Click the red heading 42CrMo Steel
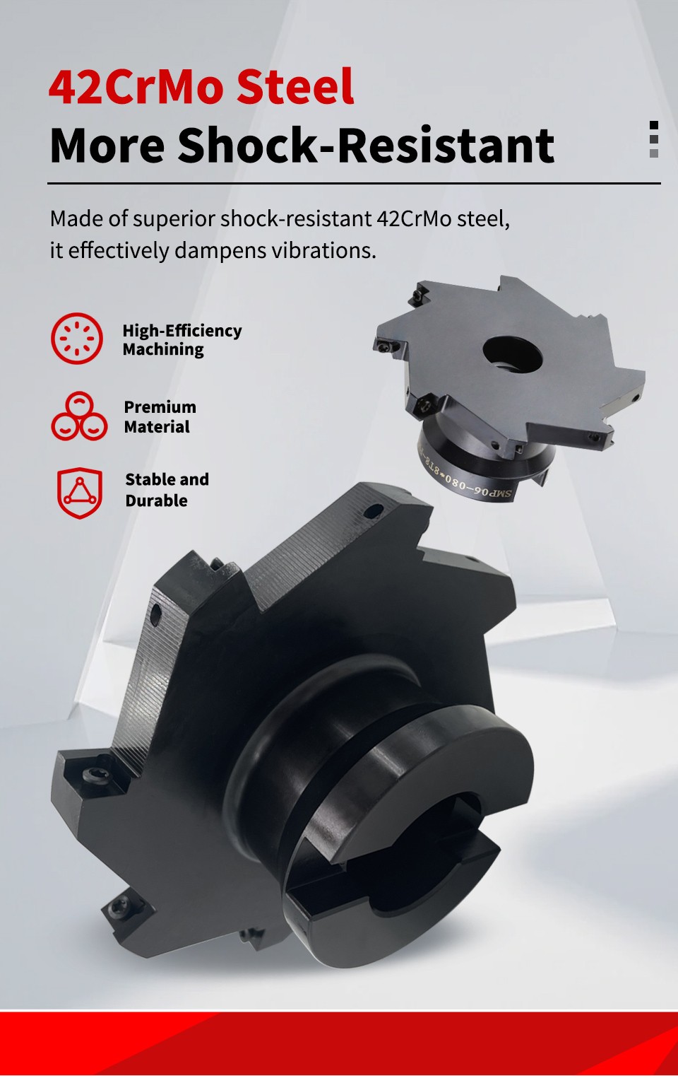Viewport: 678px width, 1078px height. point(201,87)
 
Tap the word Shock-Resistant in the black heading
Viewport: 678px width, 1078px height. point(366,146)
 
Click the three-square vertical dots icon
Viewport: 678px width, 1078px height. point(653,139)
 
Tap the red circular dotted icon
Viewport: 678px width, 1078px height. point(77,339)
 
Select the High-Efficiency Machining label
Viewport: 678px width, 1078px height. point(182,340)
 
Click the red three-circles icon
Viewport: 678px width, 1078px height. point(79,416)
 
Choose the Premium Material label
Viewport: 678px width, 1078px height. point(160,417)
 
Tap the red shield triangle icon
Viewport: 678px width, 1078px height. point(80,493)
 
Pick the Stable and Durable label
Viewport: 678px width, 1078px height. point(167,490)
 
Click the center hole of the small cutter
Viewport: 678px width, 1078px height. point(512,353)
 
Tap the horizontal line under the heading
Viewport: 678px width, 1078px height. point(353,183)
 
